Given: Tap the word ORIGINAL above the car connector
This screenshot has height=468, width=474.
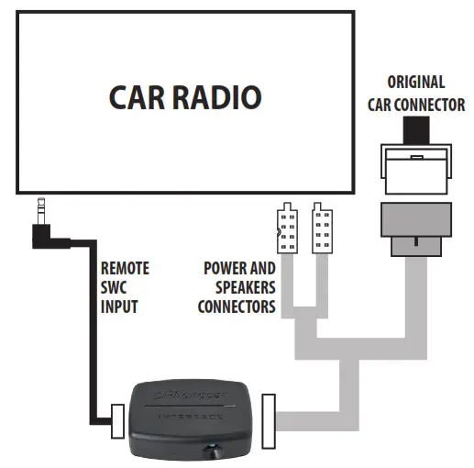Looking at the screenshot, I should [x=415, y=83].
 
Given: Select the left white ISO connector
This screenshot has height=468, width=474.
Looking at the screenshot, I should [x=287, y=227].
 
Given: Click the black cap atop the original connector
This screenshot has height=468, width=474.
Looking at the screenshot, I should [x=416, y=132].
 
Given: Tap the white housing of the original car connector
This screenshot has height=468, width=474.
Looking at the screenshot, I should [x=416, y=170].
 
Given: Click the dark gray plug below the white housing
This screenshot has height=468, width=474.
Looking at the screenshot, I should [x=416, y=226].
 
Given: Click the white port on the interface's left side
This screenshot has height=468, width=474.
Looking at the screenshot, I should [x=117, y=424].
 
